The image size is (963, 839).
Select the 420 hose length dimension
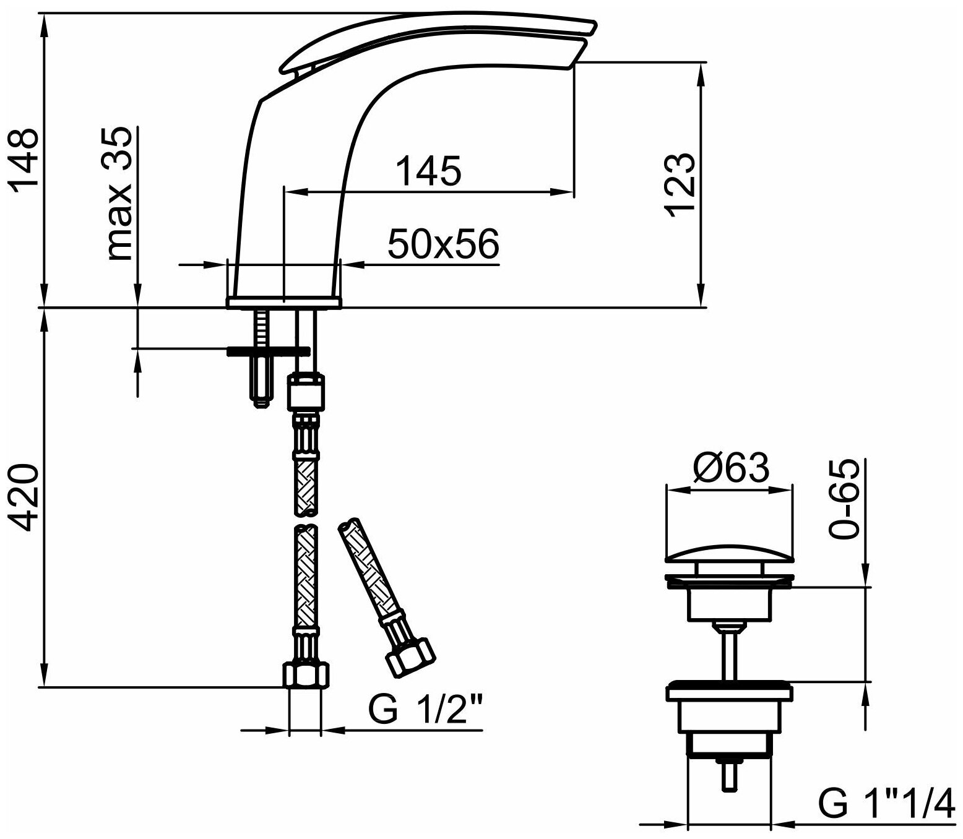click(24, 498)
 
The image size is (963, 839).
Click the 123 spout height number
click(681, 184)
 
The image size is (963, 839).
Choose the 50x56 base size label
click(443, 244)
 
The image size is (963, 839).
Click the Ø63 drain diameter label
click(732, 468)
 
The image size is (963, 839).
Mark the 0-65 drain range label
click(844, 498)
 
